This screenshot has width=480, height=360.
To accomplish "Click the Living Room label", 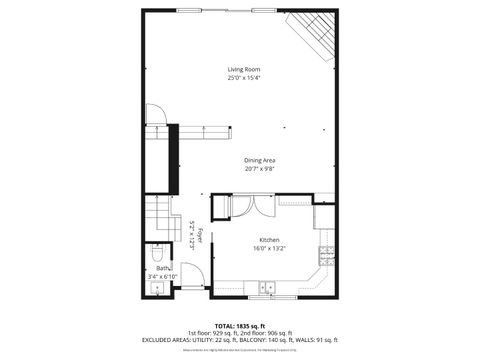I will click(x=243, y=68).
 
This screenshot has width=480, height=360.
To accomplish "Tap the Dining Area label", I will click(x=259, y=159).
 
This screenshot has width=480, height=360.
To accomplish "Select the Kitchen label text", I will click(x=269, y=239).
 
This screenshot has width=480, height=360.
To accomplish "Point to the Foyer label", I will click(x=200, y=236).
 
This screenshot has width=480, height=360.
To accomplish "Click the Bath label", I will click(x=162, y=268).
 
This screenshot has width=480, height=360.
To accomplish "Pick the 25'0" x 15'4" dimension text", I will click(x=243, y=77).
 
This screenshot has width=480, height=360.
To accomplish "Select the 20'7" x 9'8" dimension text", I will click(x=259, y=168).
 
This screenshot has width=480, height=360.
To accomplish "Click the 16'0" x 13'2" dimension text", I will click(x=269, y=248).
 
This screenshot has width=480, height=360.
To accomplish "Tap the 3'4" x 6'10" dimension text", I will click(x=162, y=276).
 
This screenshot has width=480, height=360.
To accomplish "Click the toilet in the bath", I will click(x=157, y=252).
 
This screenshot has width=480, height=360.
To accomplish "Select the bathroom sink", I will click(x=157, y=289).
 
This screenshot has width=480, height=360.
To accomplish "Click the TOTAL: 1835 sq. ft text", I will click(x=240, y=325).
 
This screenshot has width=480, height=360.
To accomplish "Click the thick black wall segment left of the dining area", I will click(x=173, y=159).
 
